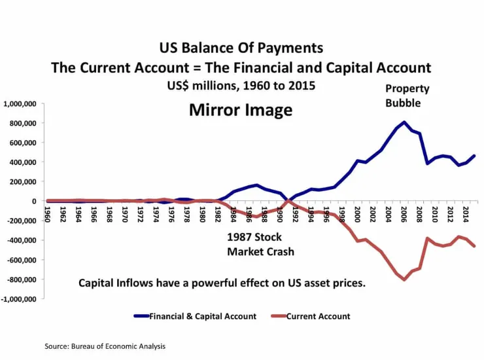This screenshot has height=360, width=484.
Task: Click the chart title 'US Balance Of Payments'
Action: point(241,48)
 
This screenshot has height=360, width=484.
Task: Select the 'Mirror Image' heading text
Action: point(241,109)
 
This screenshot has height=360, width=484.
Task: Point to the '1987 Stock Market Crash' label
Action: point(260,244)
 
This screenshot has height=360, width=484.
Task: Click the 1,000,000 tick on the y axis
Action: point(19,103)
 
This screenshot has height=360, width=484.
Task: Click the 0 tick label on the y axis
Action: point(33,201)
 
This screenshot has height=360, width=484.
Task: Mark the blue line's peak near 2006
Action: point(404,122)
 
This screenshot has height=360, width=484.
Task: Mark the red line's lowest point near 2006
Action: point(404,279)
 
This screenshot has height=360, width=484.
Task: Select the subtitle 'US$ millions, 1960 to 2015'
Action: point(241,86)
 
